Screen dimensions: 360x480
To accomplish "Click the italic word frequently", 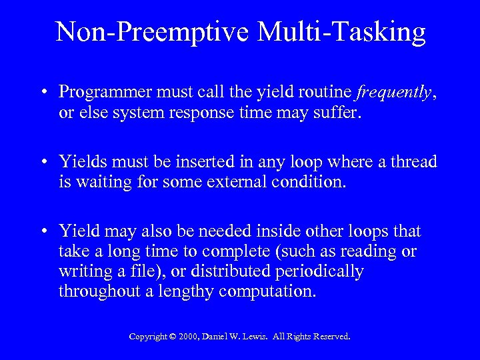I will [393, 91].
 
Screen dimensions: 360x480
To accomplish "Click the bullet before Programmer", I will [44, 92].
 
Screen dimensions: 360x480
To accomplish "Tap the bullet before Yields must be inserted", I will [44, 162].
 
